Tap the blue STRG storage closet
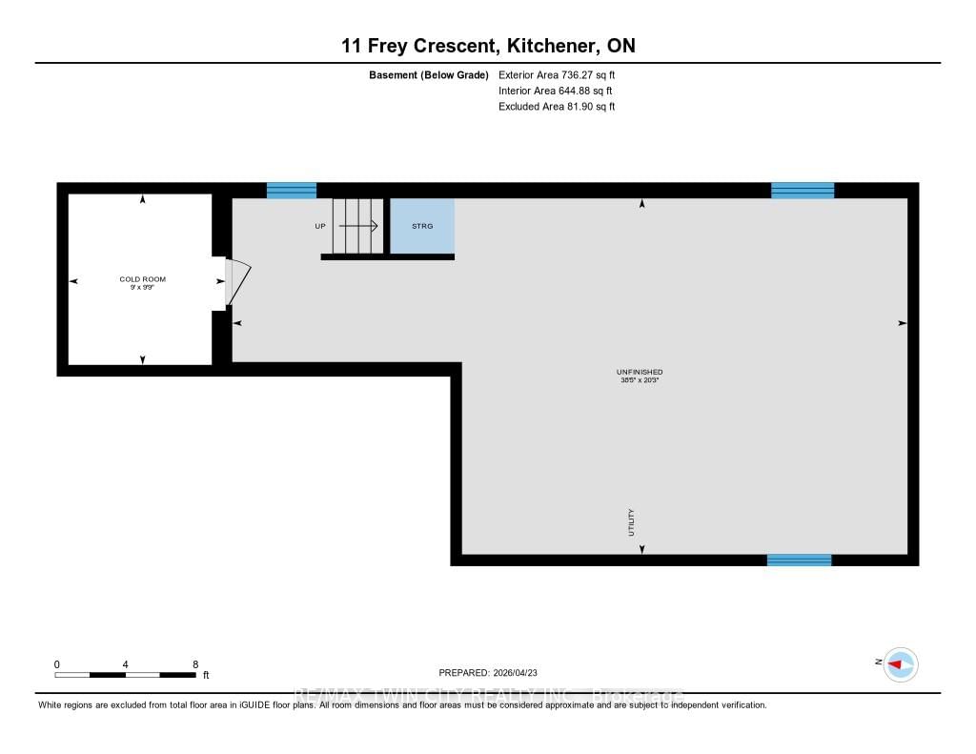[x=422, y=227]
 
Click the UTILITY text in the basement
[x=631, y=522]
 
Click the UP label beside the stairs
[x=320, y=227]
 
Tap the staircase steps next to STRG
[x=356, y=227]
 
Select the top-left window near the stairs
[x=291, y=191]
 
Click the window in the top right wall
[x=802, y=191]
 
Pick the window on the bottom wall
[x=799, y=560]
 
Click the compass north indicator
[x=899, y=663]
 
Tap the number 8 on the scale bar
[x=194, y=664]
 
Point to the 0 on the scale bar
[x=57, y=664]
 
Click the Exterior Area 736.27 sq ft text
[x=563, y=74]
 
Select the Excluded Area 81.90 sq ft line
[x=557, y=107]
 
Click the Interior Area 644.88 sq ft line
[x=556, y=91]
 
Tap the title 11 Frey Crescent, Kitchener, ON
[x=487, y=46]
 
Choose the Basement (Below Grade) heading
[x=429, y=74]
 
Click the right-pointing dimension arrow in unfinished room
[x=902, y=324]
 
